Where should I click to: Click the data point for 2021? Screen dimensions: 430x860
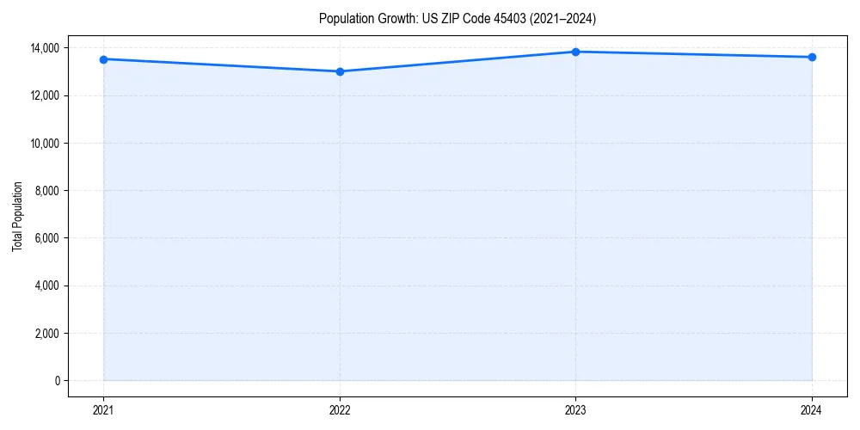pos(103,59)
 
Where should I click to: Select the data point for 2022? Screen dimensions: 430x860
pos(340,71)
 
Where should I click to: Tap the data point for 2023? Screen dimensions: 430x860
pos(575,52)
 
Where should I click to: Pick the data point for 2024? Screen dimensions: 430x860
pos(812,57)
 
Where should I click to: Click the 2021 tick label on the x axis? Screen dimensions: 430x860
pos(103,410)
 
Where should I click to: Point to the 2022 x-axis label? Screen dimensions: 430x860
pos(340,410)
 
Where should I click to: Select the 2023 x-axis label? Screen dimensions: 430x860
pos(575,410)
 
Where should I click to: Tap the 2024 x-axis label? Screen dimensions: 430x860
pos(812,410)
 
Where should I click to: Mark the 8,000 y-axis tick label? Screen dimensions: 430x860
pos(47,191)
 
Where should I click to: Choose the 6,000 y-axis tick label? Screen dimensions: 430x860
pos(47,238)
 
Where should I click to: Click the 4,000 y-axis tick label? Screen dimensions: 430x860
pos(47,286)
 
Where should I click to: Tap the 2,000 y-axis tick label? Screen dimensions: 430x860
pos(47,334)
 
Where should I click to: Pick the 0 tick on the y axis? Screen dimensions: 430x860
pos(58,381)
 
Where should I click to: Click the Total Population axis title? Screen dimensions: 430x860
pos(17,216)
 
